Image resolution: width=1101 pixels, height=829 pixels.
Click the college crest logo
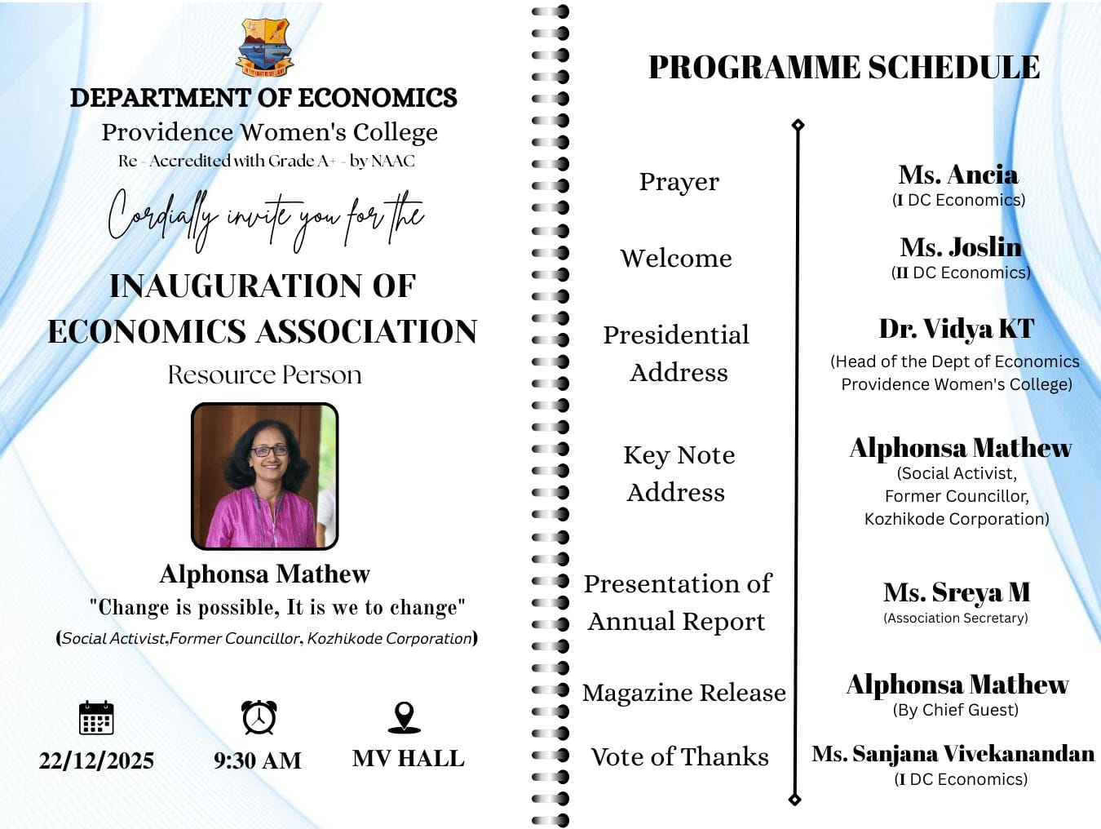pos(265,48)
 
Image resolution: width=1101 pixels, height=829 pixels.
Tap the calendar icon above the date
pos(96,718)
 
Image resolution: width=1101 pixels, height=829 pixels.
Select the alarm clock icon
pos(259,717)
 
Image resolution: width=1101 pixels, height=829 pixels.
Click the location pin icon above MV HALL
pos(404,717)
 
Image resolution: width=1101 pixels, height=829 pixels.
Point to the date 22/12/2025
pos(96,760)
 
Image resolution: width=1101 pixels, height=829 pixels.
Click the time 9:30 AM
pos(258,760)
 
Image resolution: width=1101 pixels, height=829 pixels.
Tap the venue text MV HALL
pos(408,759)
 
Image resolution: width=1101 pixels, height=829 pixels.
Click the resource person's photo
pos(264,476)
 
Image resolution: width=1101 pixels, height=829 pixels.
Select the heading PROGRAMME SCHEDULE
pos(843,68)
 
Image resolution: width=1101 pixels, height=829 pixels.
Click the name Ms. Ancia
pos(958,175)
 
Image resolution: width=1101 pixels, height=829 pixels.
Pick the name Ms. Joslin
pos(961,247)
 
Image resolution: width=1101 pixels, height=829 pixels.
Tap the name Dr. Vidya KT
pos(957,329)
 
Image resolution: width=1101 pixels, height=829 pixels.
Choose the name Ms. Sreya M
pos(957,592)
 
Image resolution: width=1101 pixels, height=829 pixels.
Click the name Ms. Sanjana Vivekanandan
pos(953,753)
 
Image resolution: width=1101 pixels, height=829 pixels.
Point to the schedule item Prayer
pos(679,182)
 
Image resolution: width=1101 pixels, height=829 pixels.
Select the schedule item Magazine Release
pos(683,693)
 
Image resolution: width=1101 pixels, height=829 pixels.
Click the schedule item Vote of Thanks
pos(679,757)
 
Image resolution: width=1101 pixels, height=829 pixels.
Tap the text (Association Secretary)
pos(955,618)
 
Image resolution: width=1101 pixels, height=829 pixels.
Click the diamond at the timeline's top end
pos(798,125)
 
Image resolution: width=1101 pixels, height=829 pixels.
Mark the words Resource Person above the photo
pos(264,375)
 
